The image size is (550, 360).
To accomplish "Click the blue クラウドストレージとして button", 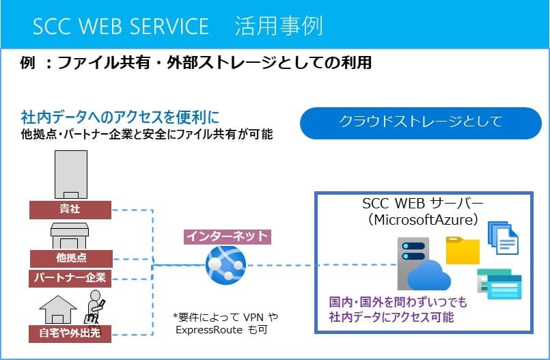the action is [421, 123].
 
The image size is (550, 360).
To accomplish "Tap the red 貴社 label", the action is [70, 210].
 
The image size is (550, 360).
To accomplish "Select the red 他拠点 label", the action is [71, 258].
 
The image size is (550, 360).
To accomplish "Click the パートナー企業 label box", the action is [70, 278].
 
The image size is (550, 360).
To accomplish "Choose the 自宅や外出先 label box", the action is [70, 333].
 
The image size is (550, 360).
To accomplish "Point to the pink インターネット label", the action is [228, 236].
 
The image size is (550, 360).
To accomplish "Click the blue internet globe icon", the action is [225, 264].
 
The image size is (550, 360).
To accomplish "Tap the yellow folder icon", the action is [463, 250].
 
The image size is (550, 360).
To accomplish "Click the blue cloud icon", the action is [429, 275].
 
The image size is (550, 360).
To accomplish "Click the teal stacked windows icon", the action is [499, 284].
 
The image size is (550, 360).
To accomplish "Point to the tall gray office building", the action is [71, 175].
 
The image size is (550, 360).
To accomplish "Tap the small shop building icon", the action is [70, 236].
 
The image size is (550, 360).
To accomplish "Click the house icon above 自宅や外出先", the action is [58, 309].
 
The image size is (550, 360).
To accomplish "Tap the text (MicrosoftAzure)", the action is [424, 220].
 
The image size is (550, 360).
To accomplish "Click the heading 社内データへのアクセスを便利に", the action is [120, 117].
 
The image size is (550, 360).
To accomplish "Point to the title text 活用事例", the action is [279, 26].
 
